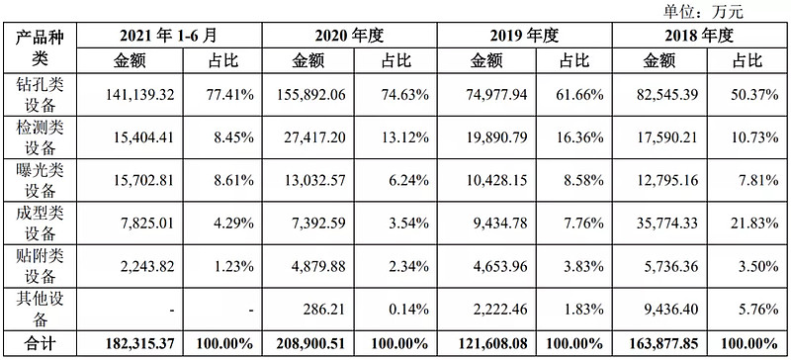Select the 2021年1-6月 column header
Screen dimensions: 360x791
175,36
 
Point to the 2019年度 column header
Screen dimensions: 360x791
524,36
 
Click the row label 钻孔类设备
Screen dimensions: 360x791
38,95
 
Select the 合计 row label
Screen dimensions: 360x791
38,345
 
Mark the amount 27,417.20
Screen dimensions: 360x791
313,138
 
